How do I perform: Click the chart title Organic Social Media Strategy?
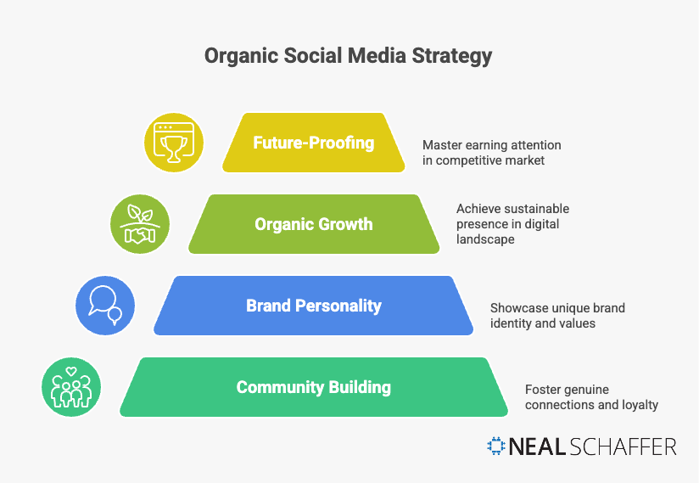pos(348,57)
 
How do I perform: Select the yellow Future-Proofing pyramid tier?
pos(313,143)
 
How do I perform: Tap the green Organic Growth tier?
pos(313,224)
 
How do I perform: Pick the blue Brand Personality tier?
pos(313,306)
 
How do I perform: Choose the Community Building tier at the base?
pos(313,387)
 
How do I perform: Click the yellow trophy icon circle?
pos(174,142)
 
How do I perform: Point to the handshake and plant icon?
pos(140,224)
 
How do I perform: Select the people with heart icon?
pos(71,387)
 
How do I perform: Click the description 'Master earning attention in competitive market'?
pos(492,152)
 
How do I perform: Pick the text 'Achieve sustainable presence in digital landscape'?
pos(512,224)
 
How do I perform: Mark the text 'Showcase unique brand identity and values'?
pos(557,315)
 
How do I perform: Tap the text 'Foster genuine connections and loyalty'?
pos(591,397)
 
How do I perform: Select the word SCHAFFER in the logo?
pos(625,446)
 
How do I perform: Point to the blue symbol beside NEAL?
pos(496,446)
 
